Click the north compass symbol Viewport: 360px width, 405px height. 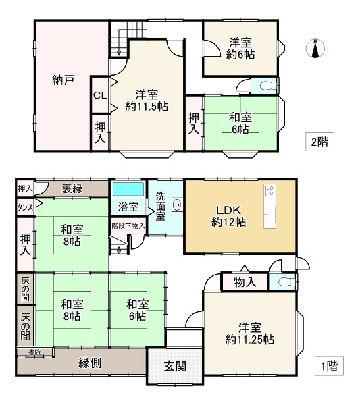tap(315, 49)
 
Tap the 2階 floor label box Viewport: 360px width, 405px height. tap(319, 142)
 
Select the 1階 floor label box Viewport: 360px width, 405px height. tap(329, 366)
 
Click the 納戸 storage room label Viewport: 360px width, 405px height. tap(63, 80)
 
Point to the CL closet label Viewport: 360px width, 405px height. tap(100, 96)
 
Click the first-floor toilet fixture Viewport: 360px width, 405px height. tap(286, 281)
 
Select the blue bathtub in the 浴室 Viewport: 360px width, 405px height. tap(128, 189)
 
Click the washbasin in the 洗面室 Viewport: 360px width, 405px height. tap(177, 205)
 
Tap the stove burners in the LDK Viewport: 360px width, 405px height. tap(270, 191)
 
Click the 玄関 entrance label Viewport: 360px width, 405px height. tap(175, 366)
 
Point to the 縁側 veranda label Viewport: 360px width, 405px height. tap(90, 363)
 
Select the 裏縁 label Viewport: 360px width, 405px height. tap(72, 188)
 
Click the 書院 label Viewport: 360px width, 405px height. tap(35, 352)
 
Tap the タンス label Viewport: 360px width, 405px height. tap(25, 207)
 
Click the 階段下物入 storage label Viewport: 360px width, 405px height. tap(128, 226)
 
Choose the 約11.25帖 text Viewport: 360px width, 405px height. tap(250, 340)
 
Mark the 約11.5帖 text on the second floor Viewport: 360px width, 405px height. tap(147, 107)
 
